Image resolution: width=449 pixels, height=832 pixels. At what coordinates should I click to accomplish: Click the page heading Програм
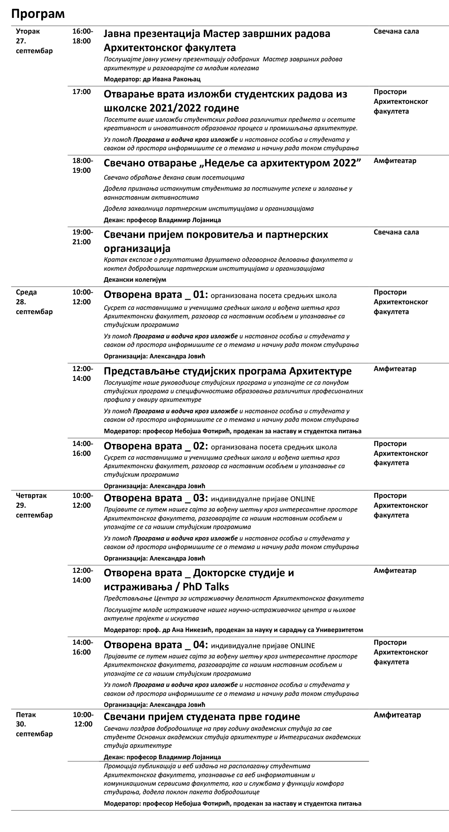pos(38,14)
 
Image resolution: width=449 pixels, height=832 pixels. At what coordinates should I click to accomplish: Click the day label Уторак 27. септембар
pos(34,41)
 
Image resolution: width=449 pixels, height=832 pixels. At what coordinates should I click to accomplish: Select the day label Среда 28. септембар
pos(34,302)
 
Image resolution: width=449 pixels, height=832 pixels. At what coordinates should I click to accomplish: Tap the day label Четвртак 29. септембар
pos(34,505)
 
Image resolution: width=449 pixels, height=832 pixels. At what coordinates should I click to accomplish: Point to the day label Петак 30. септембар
pos(34,724)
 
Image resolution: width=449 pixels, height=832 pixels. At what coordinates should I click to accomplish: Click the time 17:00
pos(82,92)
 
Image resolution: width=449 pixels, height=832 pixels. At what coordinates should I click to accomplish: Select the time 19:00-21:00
pos(82,237)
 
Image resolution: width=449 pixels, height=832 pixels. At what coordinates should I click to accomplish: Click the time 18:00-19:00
pos(82,166)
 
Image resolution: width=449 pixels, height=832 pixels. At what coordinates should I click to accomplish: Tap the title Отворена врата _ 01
pos(156,295)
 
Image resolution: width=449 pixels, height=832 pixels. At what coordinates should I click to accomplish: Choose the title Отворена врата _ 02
pos(156,446)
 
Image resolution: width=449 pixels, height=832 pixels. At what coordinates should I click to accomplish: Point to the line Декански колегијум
pos(135,280)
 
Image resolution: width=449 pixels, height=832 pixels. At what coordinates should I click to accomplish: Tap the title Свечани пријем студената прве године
pos(202,717)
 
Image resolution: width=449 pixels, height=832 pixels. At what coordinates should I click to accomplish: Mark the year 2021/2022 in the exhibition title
pos(179,108)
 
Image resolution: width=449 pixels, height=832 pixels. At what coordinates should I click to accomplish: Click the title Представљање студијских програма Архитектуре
pos(227,370)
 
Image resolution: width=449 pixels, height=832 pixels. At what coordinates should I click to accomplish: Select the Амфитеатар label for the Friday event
pos(397,715)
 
